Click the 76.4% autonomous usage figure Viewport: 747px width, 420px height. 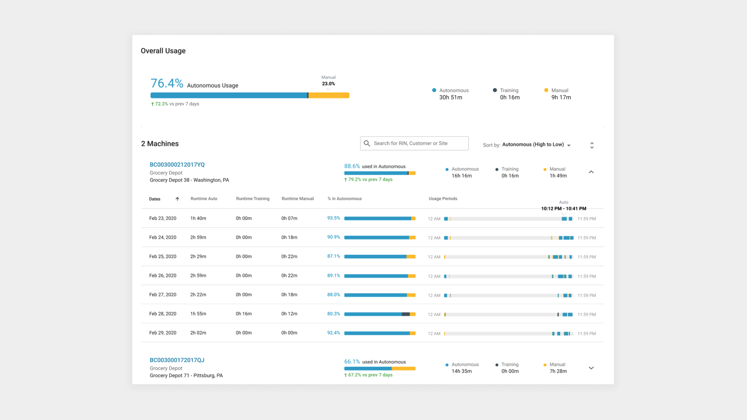pyautogui.click(x=167, y=83)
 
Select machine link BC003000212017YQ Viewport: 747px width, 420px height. pyautogui.click(x=177, y=165)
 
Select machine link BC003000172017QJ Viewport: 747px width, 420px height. pyautogui.click(x=177, y=360)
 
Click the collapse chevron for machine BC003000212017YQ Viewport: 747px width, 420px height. pyautogui.click(x=591, y=172)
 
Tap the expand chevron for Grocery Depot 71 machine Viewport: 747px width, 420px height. pyautogui.click(x=591, y=368)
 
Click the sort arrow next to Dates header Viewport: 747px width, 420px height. pyautogui.click(x=177, y=199)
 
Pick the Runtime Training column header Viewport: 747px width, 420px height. pyautogui.click(x=252, y=199)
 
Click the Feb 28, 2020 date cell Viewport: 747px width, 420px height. pyautogui.click(x=163, y=314)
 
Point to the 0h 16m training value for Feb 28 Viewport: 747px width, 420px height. pyautogui.click(x=244, y=314)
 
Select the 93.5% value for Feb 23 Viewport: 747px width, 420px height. pyautogui.click(x=333, y=218)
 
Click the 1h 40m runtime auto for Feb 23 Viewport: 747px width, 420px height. pyautogui.click(x=198, y=218)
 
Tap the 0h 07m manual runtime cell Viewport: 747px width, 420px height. pyautogui.click(x=289, y=218)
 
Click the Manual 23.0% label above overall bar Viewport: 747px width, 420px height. pyautogui.click(x=328, y=81)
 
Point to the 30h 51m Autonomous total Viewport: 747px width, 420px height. pyautogui.click(x=451, y=97)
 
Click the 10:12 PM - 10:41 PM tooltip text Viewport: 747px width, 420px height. pyautogui.click(x=564, y=209)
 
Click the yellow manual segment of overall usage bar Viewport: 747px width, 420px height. pyautogui.click(x=329, y=95)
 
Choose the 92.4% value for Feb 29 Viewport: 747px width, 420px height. pyautogui.click(x=333, y=333)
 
